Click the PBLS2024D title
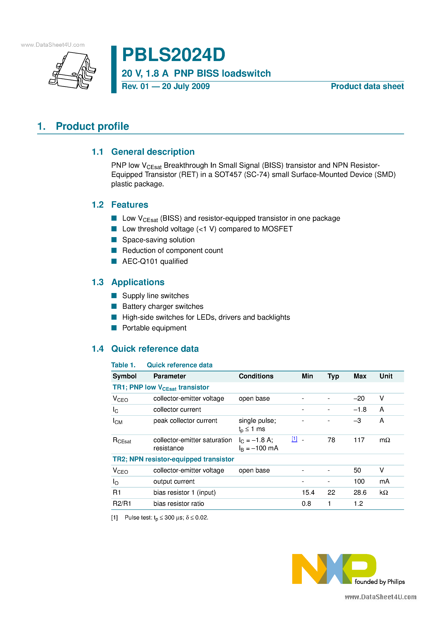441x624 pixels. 174,55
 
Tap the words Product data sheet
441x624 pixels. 367,86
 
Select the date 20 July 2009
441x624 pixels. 186,86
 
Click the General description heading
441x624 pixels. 153,152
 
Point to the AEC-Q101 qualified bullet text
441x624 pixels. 155,261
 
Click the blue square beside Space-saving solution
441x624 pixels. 114,240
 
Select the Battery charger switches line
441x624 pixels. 163,307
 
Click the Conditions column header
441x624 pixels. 256,376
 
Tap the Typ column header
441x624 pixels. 333,376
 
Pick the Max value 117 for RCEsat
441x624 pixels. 359,440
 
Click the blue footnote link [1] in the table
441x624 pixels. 294,439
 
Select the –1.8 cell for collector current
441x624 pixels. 360,410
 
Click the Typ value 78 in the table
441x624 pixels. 331,440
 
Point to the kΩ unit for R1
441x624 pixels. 384,493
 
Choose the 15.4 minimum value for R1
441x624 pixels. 308,493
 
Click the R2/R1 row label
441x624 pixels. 122,504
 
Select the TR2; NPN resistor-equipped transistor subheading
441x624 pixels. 173,459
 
